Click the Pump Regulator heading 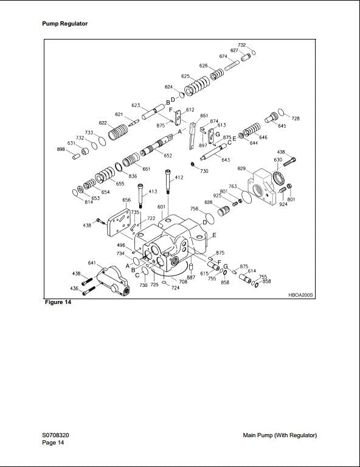[64, 24]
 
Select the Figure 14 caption [58, 302]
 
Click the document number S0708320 [59, 435]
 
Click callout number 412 [179, 178]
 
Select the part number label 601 [161, 207]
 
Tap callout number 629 [241, 168]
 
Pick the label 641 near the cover [92, 263]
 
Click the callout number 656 [126, 200]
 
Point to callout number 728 [296, 119]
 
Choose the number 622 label [103, 123]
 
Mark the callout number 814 [72, 202]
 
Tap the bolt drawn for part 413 [141, 198]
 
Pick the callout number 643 [225, 160]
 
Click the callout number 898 [61, 149]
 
